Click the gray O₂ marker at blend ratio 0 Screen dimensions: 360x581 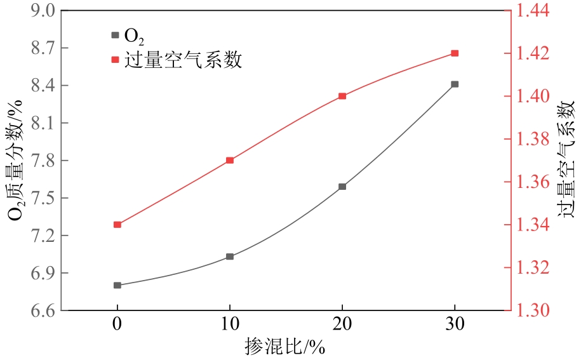click(x=117, y=285)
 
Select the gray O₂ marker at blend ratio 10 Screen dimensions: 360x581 click(x=230, y=257)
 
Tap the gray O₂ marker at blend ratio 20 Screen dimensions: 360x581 click(x=342, y=187)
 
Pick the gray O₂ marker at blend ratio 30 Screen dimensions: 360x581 click(x=455, y=84)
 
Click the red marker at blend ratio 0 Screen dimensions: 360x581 click(x=117, y=224)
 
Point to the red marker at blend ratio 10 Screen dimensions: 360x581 click(x=230, y=160)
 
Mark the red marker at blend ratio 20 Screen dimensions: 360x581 click(x=342, y=96)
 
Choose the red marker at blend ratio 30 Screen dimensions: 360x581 click(x=455, y=53)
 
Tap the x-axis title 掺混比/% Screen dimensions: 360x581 click(x=286, y=347)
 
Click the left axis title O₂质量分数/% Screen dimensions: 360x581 click(x=15, y=160)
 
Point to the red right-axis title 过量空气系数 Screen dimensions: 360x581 click(x=565, y=160)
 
